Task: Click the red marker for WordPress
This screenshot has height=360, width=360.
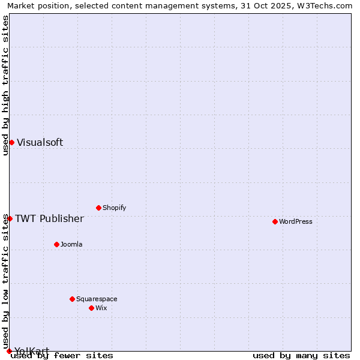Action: coord(275,221)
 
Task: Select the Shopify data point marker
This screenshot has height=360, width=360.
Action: coord(98,208)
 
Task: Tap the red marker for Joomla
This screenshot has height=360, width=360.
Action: coord(56,244)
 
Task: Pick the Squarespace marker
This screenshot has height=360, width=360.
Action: coord(72,299)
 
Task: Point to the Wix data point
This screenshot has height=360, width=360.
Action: coord(91,308)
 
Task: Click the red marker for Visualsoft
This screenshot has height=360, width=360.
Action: coord(11,142)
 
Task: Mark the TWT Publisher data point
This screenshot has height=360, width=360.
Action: coord(10,218)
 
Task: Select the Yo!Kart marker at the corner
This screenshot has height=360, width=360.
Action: coord(9,351)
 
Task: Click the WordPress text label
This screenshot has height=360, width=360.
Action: coord(296,221)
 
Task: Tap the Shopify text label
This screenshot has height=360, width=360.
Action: coord(115,208)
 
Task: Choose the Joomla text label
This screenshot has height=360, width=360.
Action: coord(71,244)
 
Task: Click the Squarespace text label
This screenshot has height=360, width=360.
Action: coord(97,299)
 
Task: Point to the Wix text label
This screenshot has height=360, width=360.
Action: coord(101,308)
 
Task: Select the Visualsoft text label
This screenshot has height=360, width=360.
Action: coord(40,142)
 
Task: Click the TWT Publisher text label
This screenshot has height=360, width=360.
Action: coord(49,218)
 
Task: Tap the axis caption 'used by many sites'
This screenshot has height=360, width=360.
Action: coord(301,355)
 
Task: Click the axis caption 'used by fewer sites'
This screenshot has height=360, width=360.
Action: coord(62,355)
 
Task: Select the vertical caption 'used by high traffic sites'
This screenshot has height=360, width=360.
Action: coord(5,85)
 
